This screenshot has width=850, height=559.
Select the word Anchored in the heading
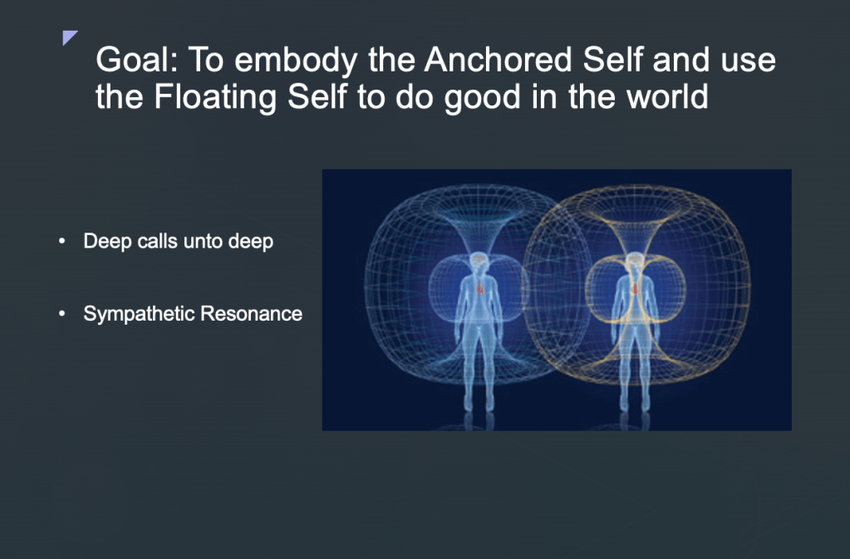tap(498, 59)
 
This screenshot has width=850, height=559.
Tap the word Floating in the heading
tap(216, 97)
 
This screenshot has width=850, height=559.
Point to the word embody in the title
tap(296, 60)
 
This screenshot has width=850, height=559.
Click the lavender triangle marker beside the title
tap(70, 37)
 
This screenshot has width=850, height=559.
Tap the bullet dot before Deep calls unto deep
tap(61, 241)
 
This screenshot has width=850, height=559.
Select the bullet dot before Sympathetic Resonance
tap(61, 313)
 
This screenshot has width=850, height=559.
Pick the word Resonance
tap(251, 314)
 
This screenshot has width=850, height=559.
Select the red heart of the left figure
tap(479, 289)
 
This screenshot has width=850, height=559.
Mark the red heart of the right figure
tap(635, 289)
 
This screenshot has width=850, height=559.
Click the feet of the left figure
tap(479, 405)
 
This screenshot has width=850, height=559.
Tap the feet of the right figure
tap(635, 405)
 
